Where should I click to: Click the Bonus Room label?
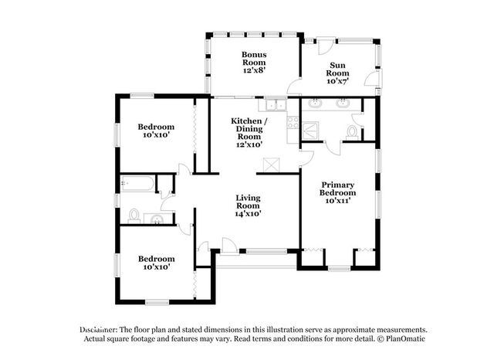[254, 59]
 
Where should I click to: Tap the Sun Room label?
[337, 70]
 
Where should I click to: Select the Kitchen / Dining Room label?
[249, 129]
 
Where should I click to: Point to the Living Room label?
[249, 202]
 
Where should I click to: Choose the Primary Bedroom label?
[338, 188]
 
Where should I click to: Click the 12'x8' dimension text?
[254, 70]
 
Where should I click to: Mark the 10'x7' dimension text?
[337, 81]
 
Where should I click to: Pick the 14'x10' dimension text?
[249, 214]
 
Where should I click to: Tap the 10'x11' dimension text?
[338, 201]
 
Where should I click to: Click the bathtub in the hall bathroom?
[138, 183]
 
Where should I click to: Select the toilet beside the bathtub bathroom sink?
[134, 216]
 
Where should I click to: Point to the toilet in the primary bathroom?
[352, 132]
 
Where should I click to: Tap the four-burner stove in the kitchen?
[293, 122]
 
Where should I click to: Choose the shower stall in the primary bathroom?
[310, 131]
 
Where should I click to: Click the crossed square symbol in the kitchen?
[271, 165]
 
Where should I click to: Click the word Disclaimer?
[99, 330]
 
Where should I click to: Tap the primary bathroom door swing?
[333, 148]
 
